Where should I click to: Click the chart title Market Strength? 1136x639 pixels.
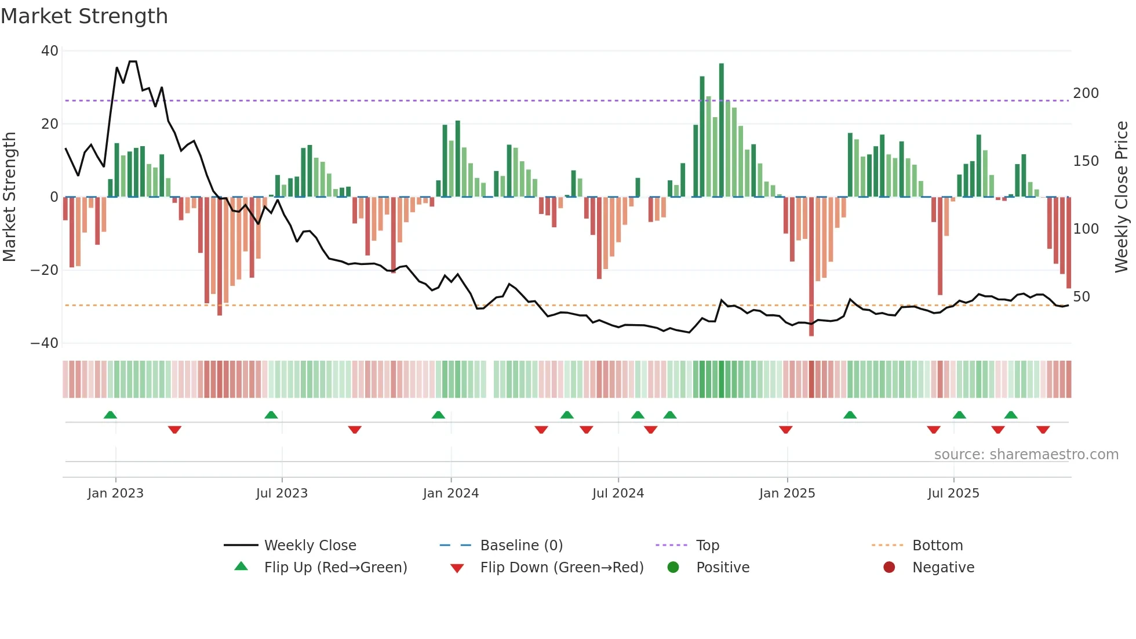click(x=84, y=16)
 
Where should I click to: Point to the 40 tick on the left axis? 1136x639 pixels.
click(x=50, y=51)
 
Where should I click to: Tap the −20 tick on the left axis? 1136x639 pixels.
click(x=45, y=270)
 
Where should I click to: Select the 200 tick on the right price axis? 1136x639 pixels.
click(x=1086, y=93)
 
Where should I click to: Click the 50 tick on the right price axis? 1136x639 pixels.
click(x=1081, y=297)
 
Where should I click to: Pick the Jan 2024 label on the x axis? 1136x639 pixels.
click(x=450, y=493)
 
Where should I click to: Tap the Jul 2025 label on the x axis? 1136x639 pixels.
click(x=953, y=493)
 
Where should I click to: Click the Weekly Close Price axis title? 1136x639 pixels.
click(x=1122, y=197)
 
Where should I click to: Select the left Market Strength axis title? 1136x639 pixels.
click(x=10, y=197)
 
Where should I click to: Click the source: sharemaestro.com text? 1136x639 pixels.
click(x=1026, y=455)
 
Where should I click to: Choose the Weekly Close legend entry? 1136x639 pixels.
click(x=310, y=546)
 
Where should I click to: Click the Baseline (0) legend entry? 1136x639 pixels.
click(x=521, y=546)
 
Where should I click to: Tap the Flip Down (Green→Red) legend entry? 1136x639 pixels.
click(x=561, y=568)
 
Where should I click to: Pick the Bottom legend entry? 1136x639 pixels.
click(x=937, y=546)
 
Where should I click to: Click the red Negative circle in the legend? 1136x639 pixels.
click(x=889, y=568)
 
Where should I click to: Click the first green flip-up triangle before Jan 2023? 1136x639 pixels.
click(x=110, y=415)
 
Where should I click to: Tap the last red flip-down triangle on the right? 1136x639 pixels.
click(x=1043, y=430)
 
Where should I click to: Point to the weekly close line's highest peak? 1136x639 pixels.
click(x=133, y=61)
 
